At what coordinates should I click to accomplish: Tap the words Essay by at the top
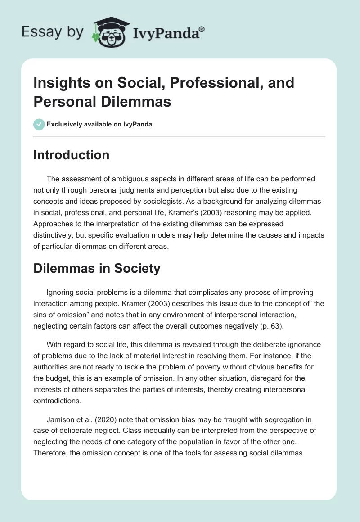[x=53, y=32]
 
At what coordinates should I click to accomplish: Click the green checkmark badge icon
[x=39, y=124]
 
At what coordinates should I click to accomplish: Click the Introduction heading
[x=71, y=155]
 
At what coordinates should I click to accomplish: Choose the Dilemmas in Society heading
[x=97, y=269]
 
